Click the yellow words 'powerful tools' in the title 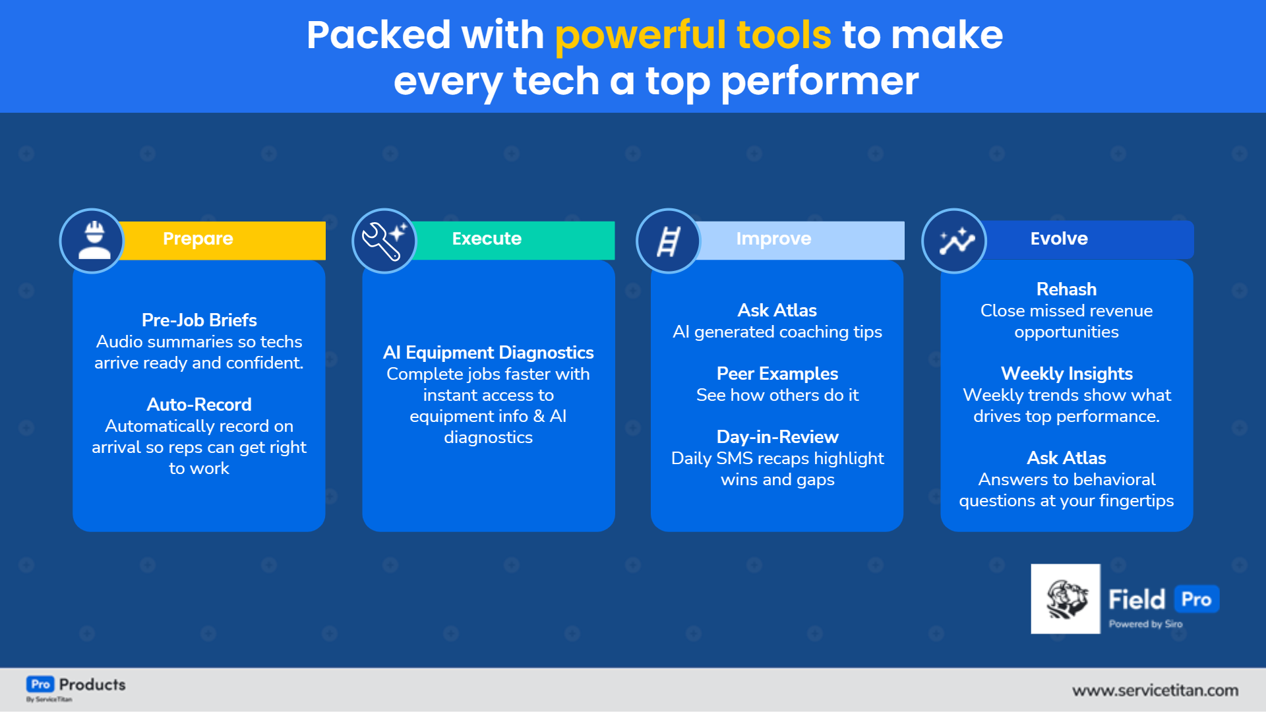pos(692,35)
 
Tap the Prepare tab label pos(198,239)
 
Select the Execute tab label pos(487,239)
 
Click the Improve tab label pos(773,239)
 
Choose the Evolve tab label pos(1059,239)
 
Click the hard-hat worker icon pos(94,241)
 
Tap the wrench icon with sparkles pos(384,241)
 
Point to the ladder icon pos(668,241)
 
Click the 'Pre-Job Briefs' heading pos(199,320)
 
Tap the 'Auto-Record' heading pos(199,405)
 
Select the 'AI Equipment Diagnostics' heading pos(488,353)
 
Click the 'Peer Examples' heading pos(777,374)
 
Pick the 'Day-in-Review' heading pos(777,437)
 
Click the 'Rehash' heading pos(1066,289)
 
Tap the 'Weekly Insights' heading pos(1066,374)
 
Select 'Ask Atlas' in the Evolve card pos(1066,458)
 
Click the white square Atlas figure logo pos(1066,599)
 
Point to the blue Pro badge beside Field pos(1196,599)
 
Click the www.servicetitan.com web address pos(1155,690)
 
